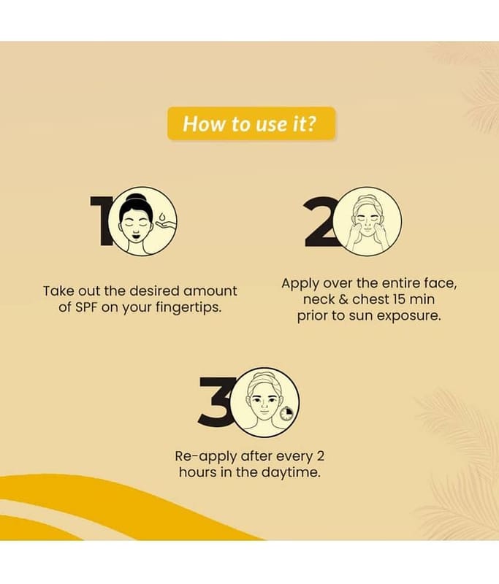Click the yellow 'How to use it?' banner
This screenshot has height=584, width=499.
(251, 123)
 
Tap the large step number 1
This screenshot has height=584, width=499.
(100, 221)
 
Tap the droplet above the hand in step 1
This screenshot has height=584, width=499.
(161, 217)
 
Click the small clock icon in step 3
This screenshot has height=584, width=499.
(286, 413)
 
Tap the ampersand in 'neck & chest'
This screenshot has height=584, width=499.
(343, 299)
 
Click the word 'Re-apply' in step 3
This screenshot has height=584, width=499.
(206, 457)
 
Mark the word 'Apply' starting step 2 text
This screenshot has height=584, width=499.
(300, 284)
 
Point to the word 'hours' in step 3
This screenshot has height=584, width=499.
(197, 472)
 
